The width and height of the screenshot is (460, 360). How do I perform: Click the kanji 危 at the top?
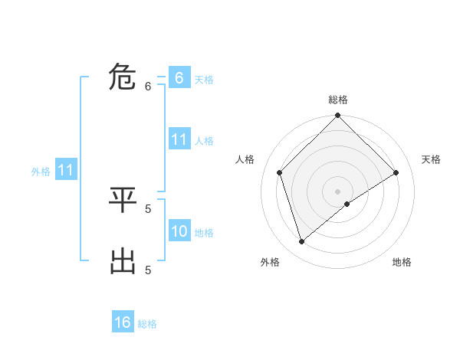coord(123,77)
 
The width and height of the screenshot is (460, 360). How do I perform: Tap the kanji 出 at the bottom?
coord(123,260)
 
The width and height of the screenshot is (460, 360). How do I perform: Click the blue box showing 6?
coord(179,77)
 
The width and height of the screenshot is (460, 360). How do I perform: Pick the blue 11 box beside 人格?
coord(179,139)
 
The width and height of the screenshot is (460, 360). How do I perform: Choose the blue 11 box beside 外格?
coord(65,170)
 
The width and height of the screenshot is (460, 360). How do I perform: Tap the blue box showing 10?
coord(179,231)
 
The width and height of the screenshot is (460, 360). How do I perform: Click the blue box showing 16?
coord(123,322)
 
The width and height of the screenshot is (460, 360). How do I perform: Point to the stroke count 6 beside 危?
coord(148,87)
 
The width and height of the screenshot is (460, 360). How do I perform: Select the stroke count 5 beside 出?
coord(148,270)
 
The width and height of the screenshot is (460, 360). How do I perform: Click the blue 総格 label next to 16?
coord(147,324)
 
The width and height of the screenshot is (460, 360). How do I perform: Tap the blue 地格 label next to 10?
coord(204,232)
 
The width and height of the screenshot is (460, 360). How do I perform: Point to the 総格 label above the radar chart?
coord(338,100)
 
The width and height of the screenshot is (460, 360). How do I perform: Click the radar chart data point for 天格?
coord(396,172)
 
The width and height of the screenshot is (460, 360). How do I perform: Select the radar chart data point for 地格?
coord(347,204)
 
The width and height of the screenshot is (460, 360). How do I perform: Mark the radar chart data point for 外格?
coord(302,241)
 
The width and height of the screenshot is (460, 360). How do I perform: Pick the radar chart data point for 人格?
coord(280,172)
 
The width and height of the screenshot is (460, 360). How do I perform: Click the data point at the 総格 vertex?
coord(338,116)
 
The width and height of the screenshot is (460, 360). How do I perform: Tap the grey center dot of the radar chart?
coord(338,191)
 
